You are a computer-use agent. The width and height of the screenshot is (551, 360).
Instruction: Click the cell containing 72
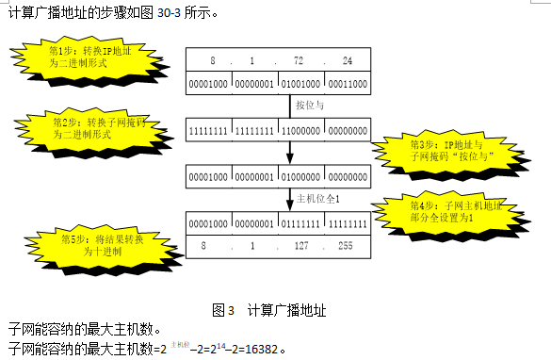click(300, 61)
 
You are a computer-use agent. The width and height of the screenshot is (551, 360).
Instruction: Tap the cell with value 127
click(300, 246)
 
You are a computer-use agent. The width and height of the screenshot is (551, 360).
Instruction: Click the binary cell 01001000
click(300, 83)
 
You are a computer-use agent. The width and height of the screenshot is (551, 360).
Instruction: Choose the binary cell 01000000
click(300, 177)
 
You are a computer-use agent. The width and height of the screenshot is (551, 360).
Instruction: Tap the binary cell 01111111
click(300, 225)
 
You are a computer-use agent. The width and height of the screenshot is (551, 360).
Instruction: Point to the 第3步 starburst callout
click(448, 151)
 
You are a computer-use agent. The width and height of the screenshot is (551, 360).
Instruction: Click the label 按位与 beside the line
click(310, 106)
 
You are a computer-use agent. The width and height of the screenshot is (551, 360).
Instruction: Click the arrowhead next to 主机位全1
click(289, 205)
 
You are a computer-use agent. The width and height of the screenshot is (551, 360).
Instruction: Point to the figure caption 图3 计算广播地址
click(270, 309)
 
